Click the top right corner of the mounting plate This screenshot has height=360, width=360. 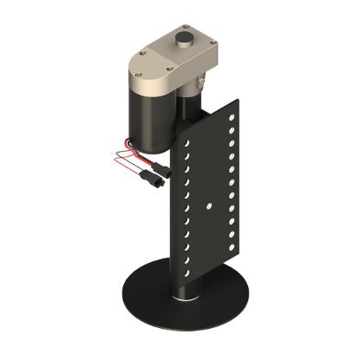pyautogui.click(x=239, y=97)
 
